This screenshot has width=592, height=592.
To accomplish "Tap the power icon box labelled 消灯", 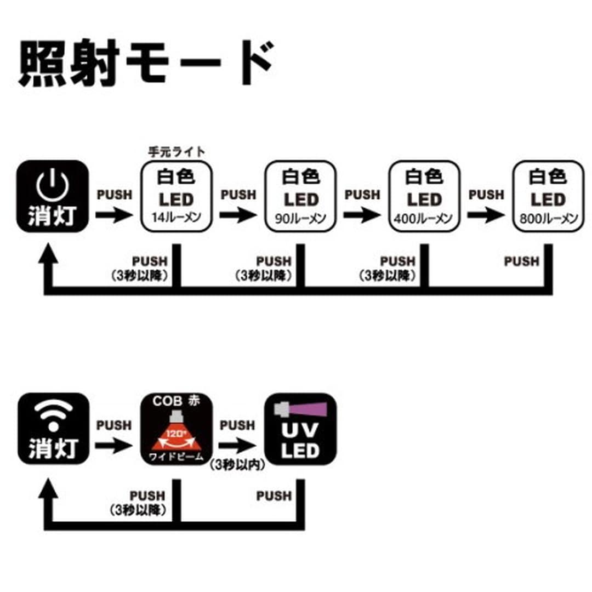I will coord(53,197).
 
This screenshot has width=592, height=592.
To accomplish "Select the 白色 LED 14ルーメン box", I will coord(177,197).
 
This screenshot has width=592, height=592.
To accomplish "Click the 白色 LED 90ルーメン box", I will coord(300,197).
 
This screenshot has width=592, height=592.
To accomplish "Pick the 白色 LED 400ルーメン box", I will coord(424,197).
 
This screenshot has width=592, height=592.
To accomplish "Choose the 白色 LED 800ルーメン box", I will coord(547,197).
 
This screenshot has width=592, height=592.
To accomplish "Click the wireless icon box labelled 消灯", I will coord(53,429).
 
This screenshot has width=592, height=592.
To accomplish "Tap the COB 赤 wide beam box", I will coord(177,429).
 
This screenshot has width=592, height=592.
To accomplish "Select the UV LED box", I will coord(300,429).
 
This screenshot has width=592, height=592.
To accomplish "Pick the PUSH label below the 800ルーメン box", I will coord(522,261).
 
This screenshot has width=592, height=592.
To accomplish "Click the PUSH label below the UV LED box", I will coord(274,496).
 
